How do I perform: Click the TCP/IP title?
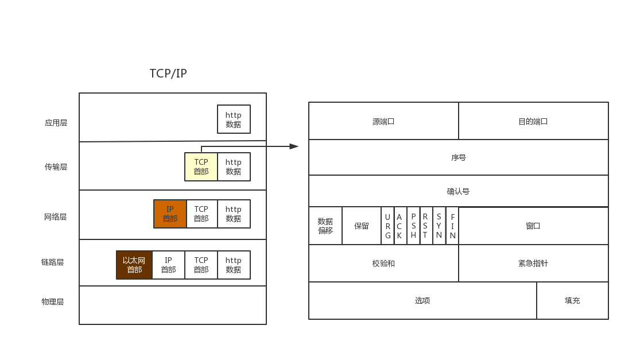168,73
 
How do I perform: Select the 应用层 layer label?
56,123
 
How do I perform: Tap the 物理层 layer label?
52,302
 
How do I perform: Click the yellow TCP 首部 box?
201,167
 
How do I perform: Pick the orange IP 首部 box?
170,214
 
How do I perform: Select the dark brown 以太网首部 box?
134,265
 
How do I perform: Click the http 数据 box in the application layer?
234,119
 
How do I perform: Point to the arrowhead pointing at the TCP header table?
294,146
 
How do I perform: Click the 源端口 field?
383,121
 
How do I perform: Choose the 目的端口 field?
533,121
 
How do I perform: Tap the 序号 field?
459,157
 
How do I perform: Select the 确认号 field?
459,191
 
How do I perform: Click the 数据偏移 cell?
325,226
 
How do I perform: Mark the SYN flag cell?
439,226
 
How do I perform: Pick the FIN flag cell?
452,226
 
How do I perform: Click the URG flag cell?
387,226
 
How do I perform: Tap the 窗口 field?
533,226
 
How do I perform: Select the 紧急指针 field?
533,263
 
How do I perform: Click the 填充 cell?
572,300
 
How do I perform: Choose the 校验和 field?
383,263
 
